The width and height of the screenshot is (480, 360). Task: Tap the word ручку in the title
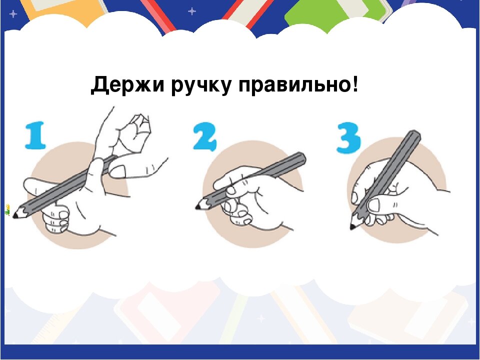202,86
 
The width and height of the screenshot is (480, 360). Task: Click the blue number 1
35,136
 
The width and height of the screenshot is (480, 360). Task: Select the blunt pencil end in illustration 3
414,135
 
